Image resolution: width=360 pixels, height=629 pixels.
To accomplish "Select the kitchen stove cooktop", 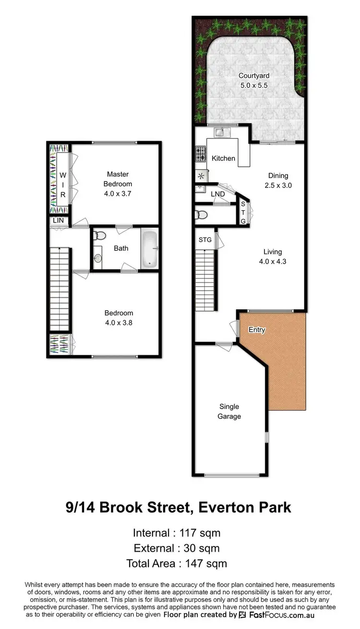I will tap(200, 154).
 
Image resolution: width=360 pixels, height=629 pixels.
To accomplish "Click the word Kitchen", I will tap(224, 158).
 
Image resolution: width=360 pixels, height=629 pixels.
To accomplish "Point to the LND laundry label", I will tap(217, 194).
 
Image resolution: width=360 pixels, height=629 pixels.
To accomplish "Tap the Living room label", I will tap(273, 252).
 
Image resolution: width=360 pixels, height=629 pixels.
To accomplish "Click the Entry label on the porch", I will tap(256, 330).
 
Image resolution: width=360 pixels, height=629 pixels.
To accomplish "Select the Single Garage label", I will tap(229, 411).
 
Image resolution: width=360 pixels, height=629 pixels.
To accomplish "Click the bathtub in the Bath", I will tap(149, 249).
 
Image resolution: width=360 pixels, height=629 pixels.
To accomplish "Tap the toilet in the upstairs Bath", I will tap(100, 236).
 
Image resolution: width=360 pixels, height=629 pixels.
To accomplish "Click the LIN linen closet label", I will tap(58, 221).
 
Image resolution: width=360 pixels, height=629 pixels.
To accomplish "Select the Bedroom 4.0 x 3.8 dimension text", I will tap(119, 323).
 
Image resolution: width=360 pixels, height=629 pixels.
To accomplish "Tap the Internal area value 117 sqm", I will tap(200, 532).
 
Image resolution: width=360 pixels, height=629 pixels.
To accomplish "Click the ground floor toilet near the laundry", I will tap(202, 215).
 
